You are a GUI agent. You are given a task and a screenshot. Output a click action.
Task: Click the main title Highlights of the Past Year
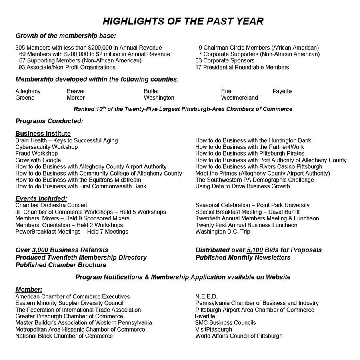pyautogui.click(x=183, y=21)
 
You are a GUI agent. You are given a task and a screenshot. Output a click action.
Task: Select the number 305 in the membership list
pyautogui.click(x=20, y=48)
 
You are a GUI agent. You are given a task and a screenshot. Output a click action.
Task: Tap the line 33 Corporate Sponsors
pyautogui.click(x=225, y=61)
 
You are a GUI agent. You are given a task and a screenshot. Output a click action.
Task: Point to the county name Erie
pyautogui.click(x=226, y=91)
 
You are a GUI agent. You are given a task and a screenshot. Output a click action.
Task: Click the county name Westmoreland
pyautogui.click(x=239, y=98)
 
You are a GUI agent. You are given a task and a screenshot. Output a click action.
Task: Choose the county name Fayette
pyautogui.click(x=282, y=91)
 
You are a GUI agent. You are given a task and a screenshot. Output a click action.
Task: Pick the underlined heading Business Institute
pyautogui.click(x=43, y=134)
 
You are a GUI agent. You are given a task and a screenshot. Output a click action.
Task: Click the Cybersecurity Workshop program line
pyautogui.click(x=46, y=147)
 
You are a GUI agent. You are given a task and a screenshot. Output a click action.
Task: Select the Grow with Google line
pyautogui.click(x=38, y=160)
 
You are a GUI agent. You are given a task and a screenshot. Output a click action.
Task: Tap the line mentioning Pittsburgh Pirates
pyautogui.click(x=250, y=154)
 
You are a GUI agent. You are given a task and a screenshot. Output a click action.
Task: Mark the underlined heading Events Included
pyautogui.click(x=41, y=198)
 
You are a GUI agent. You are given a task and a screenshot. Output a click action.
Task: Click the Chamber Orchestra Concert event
pyautogui.click(x=51, y=205)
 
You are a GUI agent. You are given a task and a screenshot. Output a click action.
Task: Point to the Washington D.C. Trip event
pyautogui.click(x=223, y=232)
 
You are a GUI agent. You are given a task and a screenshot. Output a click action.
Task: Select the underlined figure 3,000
pyautogui.click(x=40, y=250)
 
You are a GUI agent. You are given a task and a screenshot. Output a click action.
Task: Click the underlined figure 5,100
pyautogui.click(x=255, y=250)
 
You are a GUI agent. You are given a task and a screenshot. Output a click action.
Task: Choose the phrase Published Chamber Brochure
pyautogui.click(x=61, y=265)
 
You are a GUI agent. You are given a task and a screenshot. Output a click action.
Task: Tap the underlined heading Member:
pyautogui.click(x=29, y=290)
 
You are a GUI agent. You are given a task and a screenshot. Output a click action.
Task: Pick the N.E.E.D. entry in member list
pyautogui.click(x=206, y=296)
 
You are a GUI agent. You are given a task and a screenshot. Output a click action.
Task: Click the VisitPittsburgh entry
pyautogui.click(x=214, y=329)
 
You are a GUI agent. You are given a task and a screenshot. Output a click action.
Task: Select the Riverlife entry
pyautogui.click(x=205, y=316)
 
